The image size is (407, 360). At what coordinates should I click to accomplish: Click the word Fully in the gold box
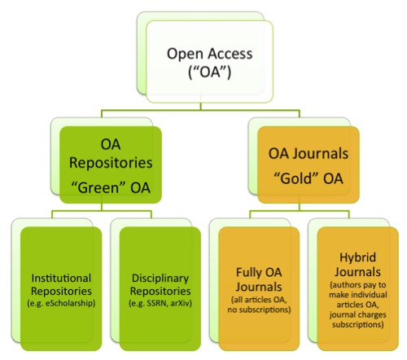point(246,276)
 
